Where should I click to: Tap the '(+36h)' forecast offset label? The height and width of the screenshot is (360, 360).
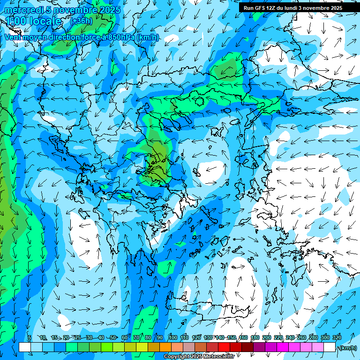point(81,21)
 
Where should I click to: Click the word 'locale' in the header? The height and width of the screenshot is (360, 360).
point(45,21)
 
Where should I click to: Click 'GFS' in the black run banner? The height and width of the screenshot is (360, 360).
point(260,8)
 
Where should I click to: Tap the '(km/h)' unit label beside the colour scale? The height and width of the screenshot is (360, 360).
point(347,348)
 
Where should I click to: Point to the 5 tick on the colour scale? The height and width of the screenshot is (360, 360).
point(30,338)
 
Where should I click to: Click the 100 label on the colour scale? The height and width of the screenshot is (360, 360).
point(172,338)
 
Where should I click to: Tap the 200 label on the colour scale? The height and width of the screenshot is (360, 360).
point(267,338)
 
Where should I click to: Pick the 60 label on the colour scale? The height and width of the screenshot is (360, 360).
point(125,338)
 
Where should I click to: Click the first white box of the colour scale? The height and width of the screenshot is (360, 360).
point(25,347)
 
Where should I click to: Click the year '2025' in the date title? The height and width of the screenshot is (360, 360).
point(110,10)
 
